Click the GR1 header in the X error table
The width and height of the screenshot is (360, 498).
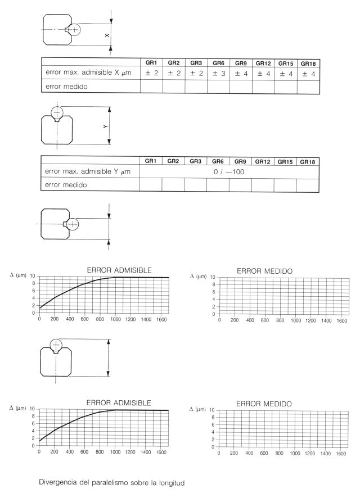[150, 63]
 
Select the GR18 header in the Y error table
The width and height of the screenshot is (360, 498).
[307, 161]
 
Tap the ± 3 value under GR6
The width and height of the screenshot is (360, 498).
[218, 73]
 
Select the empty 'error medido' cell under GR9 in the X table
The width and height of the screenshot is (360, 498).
[241, 87]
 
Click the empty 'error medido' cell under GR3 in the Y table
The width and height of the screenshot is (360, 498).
[195, 185]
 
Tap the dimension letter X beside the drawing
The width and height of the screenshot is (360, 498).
[107, 36]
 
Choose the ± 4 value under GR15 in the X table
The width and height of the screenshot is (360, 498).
[285, 73]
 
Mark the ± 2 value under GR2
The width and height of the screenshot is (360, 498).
[173, 73]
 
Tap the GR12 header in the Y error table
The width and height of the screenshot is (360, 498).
[263, 161]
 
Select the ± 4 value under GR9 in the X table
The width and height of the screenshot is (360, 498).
[241, 73]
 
